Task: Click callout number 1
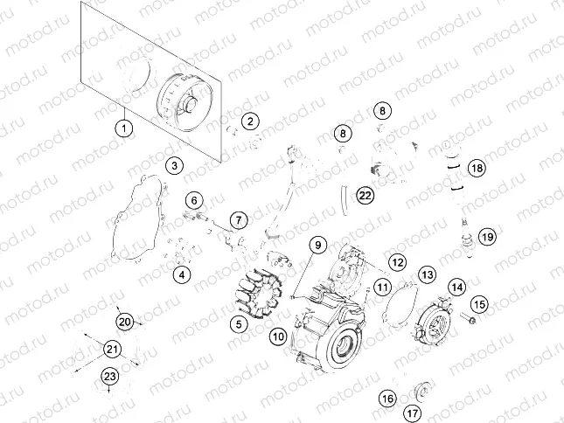click(x=125, y=128)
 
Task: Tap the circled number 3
click(x=175, y=164)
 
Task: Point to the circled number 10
click(x=278, y=336)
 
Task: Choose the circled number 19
click(x=487, y=236)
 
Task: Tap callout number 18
click(x=476, y=167)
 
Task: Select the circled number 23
click(x=109, y=377)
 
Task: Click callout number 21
click(x=111, y=350)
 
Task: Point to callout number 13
click(x=426, y=274)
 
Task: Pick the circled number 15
click(x=479, y=303)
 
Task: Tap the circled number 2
click(x=251, y=121)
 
